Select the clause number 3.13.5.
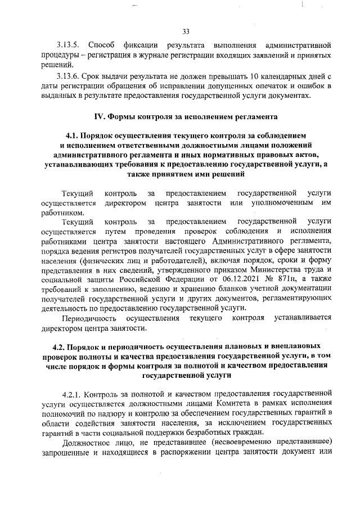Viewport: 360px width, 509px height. pyautogui.click(x=69, y=44)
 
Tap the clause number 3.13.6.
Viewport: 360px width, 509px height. pyautogui.click(x=69, y=76)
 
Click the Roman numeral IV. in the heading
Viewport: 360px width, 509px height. pyautogui.click(x=99, y=118)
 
